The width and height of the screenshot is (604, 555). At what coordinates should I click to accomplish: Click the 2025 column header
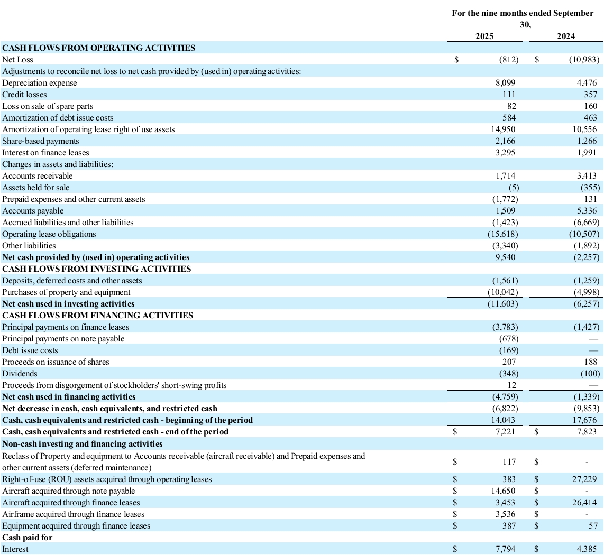coord(484,36)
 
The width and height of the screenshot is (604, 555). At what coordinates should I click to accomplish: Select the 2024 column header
coord(566,36)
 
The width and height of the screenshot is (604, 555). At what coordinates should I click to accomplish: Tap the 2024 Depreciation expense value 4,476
coord(586,83)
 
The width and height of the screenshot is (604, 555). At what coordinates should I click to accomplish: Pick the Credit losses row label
coord(25,95)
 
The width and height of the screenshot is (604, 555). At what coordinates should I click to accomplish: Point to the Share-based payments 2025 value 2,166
coord(505,141)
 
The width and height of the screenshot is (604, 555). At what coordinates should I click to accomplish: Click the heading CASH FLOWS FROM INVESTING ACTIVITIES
coord(97,269)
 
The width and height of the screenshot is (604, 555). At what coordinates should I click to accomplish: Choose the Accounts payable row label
coord(33,211)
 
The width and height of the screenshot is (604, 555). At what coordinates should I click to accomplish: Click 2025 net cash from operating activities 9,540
coord(505,257)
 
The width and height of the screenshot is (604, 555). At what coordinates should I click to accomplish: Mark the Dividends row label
coord(20,374)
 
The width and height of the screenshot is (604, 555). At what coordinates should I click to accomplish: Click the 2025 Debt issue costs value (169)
coord(508,350)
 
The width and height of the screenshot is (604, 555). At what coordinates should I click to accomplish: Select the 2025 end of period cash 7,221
coord(505,432)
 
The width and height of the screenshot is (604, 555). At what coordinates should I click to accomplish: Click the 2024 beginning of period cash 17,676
coord(584,420)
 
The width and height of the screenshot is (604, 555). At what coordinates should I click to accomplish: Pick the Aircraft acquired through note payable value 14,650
coord(504,491)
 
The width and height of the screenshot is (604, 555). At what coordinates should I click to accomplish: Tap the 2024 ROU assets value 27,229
coord(584,479)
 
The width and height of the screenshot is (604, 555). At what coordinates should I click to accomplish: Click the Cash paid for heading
coord(28,538)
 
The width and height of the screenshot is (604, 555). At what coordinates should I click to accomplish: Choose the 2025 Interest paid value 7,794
coord(505,549)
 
